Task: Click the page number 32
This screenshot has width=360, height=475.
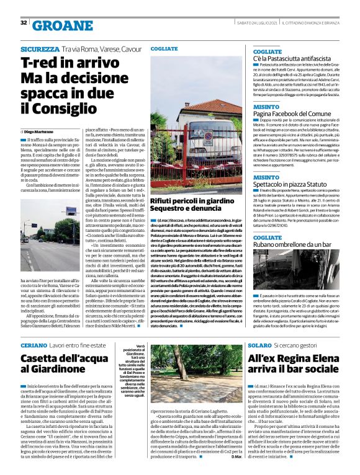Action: point(24,23)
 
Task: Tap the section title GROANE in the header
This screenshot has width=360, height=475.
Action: point(61,24)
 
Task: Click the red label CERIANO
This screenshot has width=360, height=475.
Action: point(34,344)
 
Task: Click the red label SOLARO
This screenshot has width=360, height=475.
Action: point(259,344)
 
